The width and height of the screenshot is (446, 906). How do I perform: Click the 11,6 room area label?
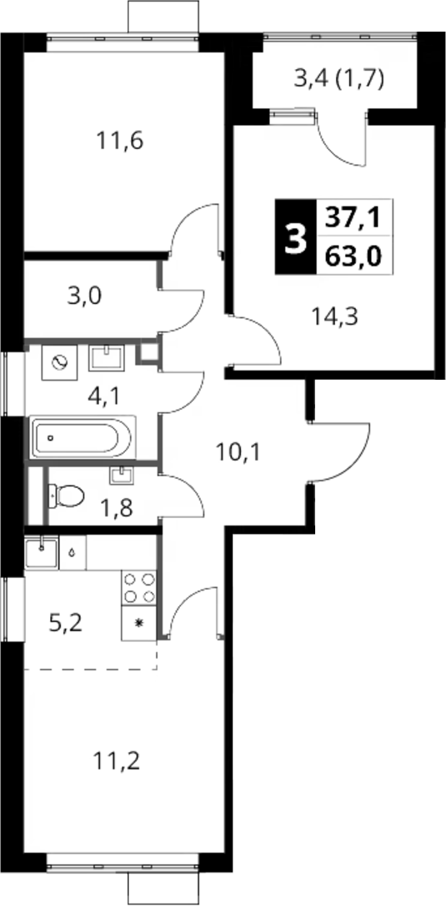tap(120, 141)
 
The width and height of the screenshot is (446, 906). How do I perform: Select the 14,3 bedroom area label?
tap(334, 316)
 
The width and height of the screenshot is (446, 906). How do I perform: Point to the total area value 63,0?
tap(353, 255)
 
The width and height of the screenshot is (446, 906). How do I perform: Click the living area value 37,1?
tap(353, 217)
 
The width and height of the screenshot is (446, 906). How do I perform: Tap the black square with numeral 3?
tap(296, 236)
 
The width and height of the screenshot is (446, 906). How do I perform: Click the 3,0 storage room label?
tap(84, 296)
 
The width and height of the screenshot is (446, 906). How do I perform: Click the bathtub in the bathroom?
tap(83, 437)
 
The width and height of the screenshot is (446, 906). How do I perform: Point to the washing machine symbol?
tap(59, 362)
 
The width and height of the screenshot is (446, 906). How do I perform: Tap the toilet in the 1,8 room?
tap(66, 495)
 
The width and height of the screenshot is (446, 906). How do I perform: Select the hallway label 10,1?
tap(238, 451)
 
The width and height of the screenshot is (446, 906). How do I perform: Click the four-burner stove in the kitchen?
tap(140, 588)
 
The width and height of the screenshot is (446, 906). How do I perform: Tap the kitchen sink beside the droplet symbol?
tap(42, 552)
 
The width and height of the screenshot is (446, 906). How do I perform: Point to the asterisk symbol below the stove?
tap(139, 623)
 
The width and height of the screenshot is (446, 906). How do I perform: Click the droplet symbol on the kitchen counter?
tap(73, 552)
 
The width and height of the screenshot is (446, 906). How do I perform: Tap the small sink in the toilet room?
tap(121, 475)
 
